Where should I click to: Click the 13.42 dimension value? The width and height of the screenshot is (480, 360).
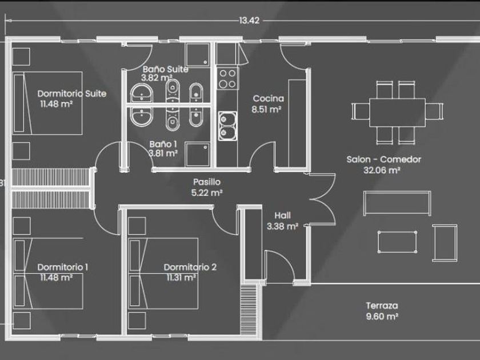249,21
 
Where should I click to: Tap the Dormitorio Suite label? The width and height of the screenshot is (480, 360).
72,93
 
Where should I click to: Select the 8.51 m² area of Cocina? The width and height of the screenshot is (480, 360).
266,109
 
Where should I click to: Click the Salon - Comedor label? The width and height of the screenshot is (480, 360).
384,159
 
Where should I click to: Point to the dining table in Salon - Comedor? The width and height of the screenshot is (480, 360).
397,113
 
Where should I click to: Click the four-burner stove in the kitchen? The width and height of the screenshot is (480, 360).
228,78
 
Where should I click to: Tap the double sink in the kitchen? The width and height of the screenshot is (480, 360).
227,126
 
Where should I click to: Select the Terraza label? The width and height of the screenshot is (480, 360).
382,306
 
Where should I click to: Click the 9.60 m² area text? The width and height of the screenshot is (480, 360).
382,316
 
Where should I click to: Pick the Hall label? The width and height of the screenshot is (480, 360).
282,215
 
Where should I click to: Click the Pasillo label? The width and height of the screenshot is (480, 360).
207,182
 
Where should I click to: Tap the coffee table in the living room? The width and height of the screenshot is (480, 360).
397,242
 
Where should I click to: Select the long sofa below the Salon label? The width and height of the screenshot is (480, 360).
397,203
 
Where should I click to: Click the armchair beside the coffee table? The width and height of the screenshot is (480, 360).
445,243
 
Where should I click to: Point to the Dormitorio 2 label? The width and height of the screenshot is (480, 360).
190,267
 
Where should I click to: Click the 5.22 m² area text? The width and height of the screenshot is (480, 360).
207,193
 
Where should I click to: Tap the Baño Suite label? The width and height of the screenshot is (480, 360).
166,69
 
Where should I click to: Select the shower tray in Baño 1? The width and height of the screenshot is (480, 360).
198,155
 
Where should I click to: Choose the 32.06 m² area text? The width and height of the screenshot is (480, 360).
382,170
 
